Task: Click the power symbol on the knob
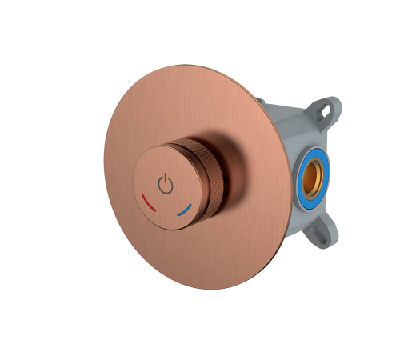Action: pos(165,184)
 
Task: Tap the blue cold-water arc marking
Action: pos(185,211)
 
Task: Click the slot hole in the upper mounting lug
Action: pos(327,106)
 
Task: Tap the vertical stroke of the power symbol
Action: pos(165,178)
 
